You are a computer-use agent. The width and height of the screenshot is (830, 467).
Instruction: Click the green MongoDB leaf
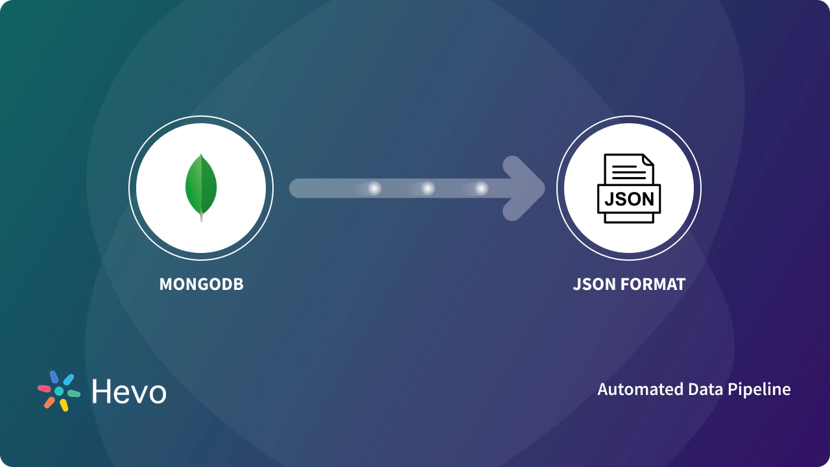201,186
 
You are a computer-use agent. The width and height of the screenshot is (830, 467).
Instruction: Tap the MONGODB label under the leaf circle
202,284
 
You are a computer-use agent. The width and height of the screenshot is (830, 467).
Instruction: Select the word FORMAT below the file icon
653,284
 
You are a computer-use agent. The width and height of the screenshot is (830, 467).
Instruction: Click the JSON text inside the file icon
628,198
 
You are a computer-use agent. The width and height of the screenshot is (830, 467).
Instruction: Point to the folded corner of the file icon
648,160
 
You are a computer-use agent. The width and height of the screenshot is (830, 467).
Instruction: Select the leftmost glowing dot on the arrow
374,188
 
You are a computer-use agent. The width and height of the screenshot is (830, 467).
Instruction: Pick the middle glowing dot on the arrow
427,188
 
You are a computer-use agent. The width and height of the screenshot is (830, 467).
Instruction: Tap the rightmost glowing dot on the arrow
480,188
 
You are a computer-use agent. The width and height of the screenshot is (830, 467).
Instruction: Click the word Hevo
129,392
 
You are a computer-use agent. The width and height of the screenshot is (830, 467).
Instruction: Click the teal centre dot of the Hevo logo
59,391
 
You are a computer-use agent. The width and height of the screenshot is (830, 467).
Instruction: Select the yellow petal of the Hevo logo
64,405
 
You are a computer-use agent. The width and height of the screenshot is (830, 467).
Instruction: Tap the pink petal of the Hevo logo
44,389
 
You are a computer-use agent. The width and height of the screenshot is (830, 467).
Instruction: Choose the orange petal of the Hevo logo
49,402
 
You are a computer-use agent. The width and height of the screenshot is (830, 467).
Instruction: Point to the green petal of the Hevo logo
74,394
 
